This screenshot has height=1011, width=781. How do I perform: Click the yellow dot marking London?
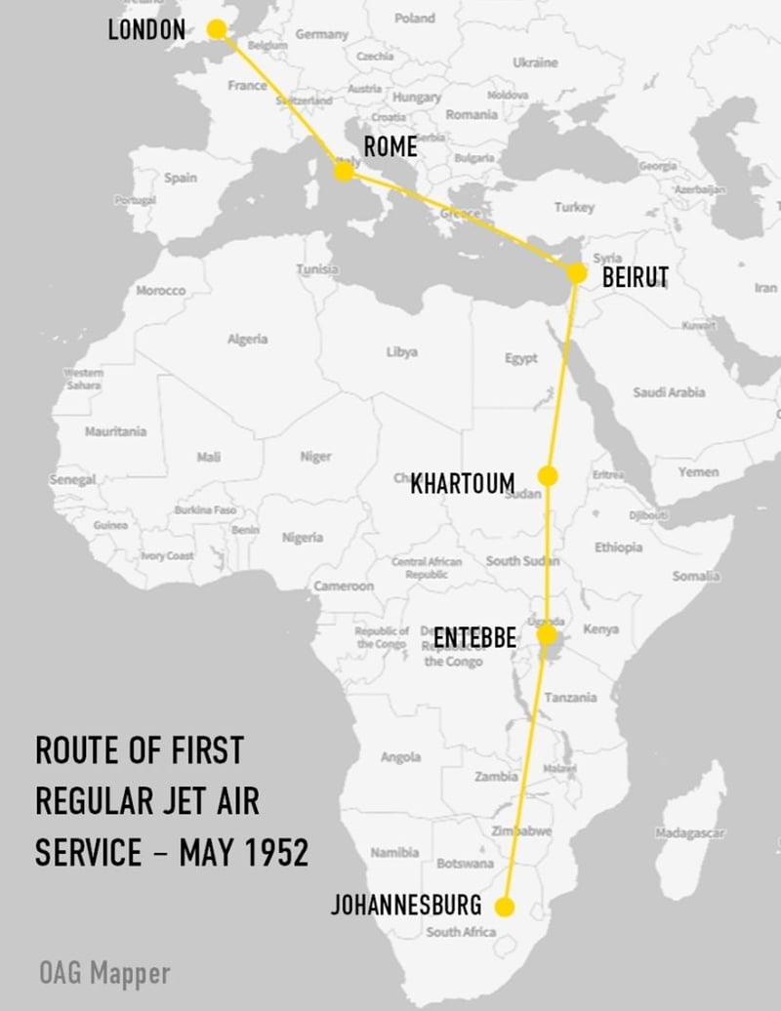pos(217,30)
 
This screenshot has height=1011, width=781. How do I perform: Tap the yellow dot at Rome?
pos(343,172)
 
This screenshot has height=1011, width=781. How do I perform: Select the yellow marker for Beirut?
pos(577,272)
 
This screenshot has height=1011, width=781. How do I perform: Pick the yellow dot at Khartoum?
pos(548,475)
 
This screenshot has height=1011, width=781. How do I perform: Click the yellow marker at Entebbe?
pos(548,635)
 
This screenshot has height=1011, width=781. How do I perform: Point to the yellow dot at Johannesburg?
pos(505,907)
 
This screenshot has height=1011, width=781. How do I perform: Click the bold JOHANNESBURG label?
pos(406,905)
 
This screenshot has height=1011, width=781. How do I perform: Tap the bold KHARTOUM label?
pos(462,483)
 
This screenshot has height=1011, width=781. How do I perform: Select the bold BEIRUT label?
pos(636,277)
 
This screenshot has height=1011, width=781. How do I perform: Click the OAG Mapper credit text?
pos(104,972)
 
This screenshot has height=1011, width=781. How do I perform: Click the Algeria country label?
pos(247,339)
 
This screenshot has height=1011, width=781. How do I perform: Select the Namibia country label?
pos(394,852)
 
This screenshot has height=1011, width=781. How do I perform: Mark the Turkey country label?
pos(574,207)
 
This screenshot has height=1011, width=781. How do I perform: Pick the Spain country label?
pos(181,178)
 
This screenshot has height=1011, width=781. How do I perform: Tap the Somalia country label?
pos(696,577)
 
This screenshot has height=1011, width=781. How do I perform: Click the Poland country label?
pos(415,18)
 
